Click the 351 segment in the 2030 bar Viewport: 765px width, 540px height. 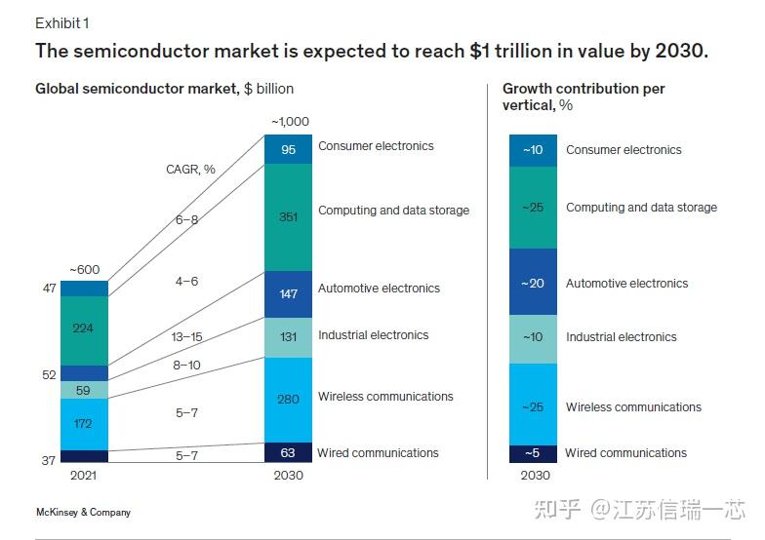click(x=288, y=216)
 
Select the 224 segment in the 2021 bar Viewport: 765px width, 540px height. click(x=83, y=329)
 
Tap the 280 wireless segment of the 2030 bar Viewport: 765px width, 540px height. click(x=288, y=399)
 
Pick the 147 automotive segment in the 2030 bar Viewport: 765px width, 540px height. click(x=288, y=293)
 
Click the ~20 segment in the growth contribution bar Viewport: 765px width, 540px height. click(x=533, y=283)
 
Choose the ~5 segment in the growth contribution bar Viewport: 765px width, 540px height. click(x=533, y=453)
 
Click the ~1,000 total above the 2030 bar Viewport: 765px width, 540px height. click(x=289, y=122)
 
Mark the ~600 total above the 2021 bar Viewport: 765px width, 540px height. click(x=84, y=270)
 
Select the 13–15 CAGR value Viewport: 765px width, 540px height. click(x=186, y=336)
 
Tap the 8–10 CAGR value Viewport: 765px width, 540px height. click(x=186, y=365)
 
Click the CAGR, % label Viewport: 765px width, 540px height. click(x=190, y=170)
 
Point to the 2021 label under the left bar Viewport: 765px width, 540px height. click(x=83, y=476)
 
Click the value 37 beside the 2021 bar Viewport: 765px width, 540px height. click(x=48, y=460)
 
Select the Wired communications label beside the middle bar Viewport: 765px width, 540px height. click(x=378, y=452)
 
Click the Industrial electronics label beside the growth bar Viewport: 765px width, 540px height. click(x=621, y=337)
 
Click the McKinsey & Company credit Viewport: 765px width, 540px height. click(x=83, y=512)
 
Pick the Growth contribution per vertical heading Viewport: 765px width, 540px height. click(x=584, y=96)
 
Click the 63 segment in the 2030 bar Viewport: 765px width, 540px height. click(x=288, y=452)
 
